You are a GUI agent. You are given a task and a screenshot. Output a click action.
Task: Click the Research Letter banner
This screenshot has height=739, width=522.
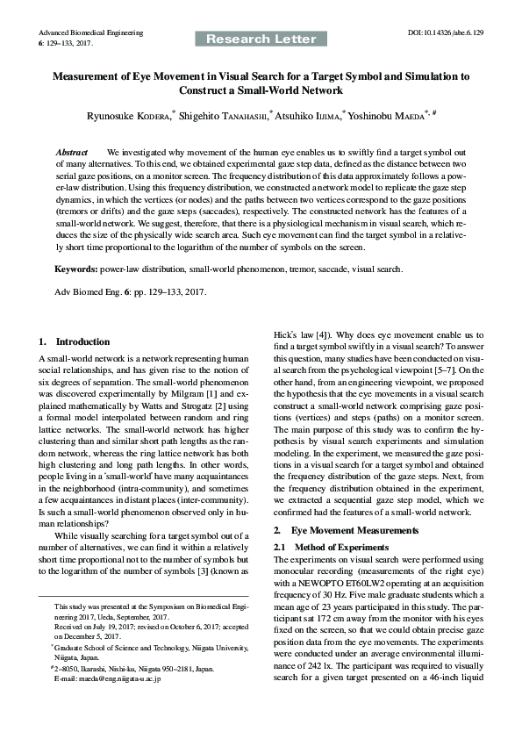[x=261, y=39]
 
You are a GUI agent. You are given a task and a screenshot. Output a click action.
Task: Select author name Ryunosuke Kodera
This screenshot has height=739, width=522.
[x=131, y=114]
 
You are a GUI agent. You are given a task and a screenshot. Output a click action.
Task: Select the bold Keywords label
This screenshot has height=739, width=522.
[x=76, y=267]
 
